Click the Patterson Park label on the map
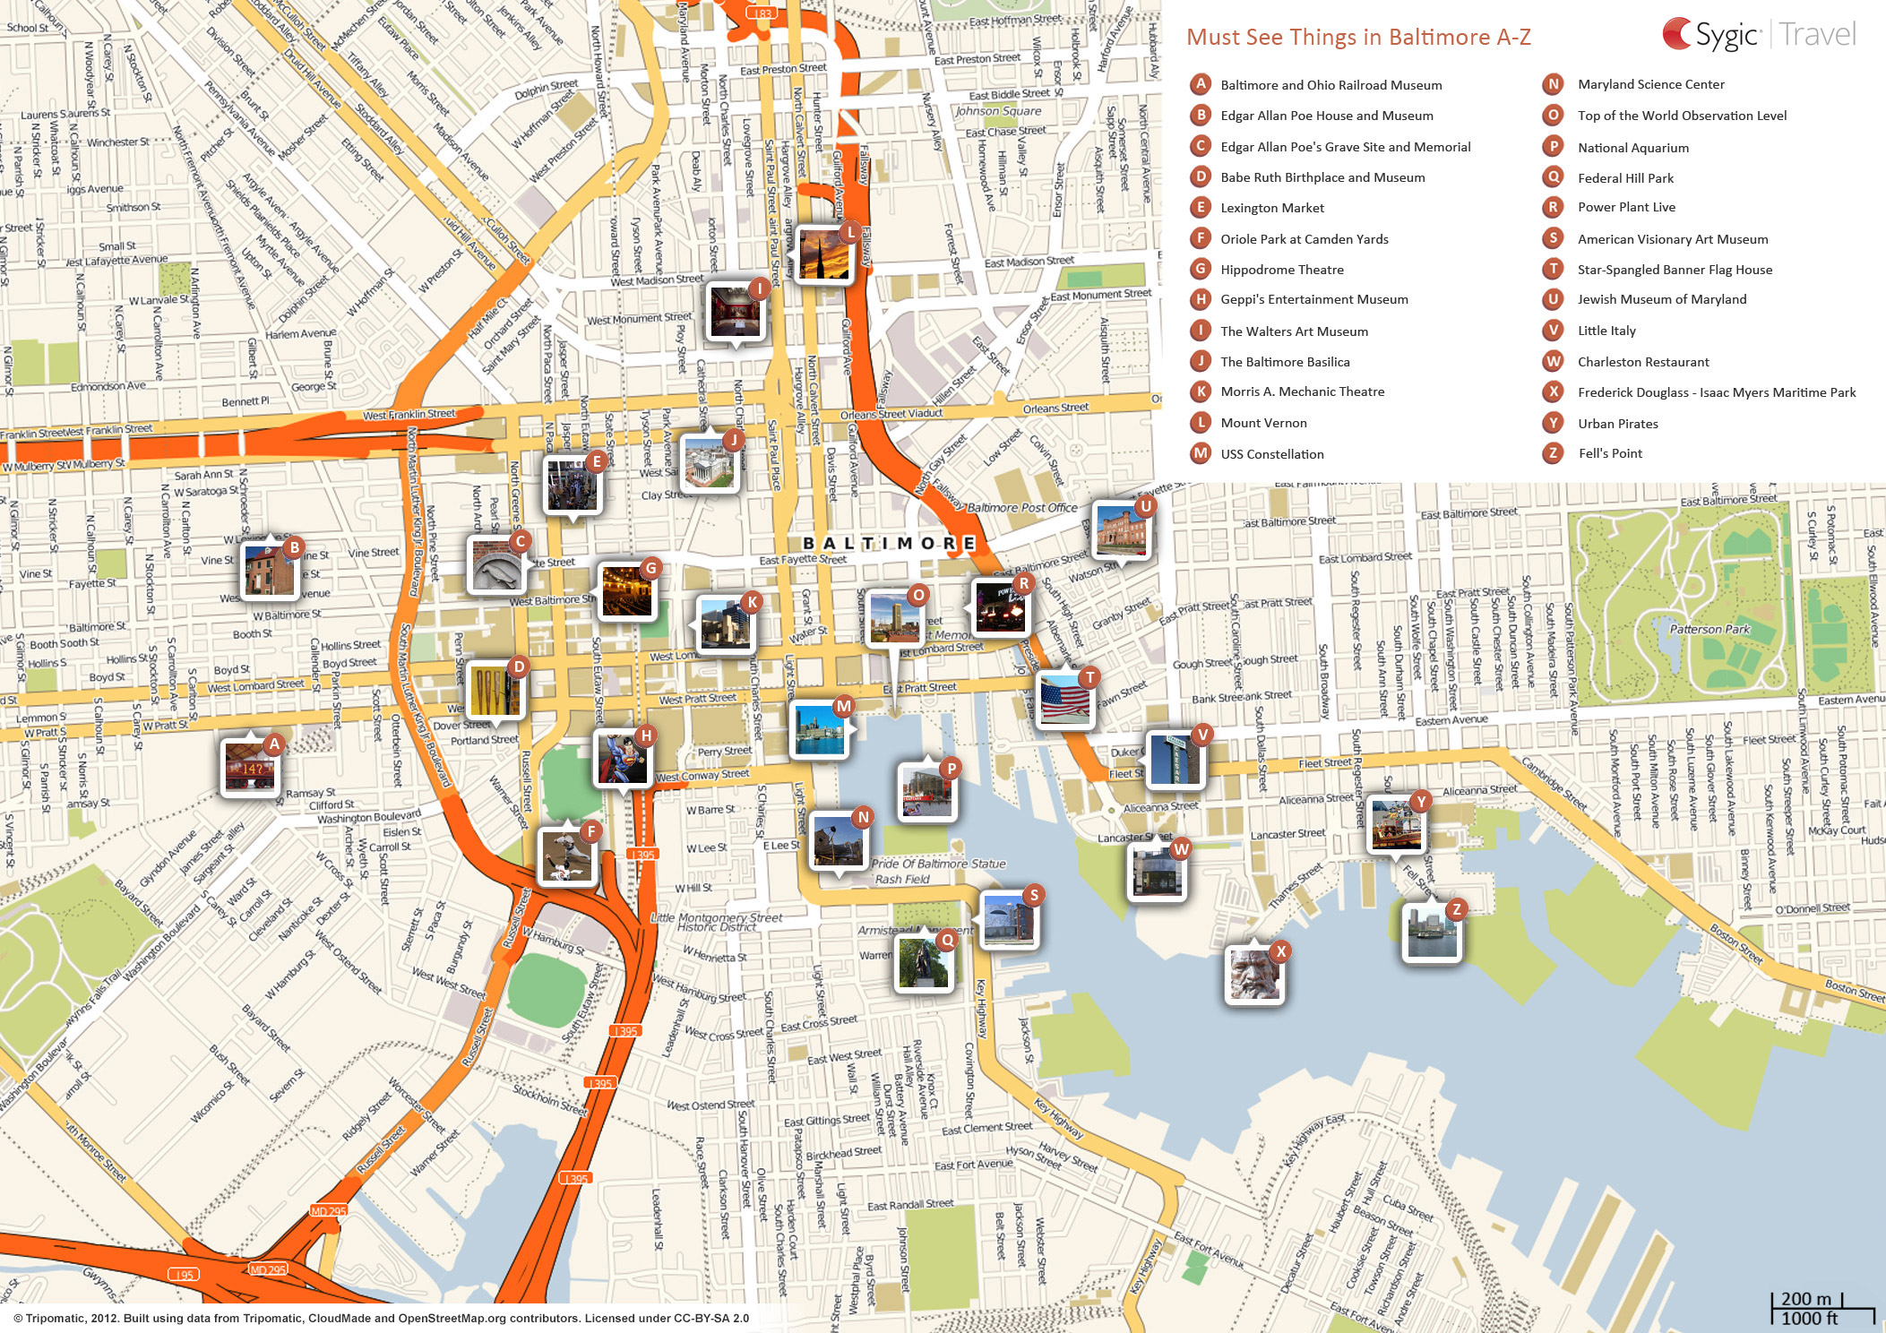[1709, 629]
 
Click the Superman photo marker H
[621, 759]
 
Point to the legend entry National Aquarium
[1632, 148]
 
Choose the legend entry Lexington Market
[1271, 208]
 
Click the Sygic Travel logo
[1758, 35]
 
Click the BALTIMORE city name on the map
[888, 543]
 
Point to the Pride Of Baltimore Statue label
[937, 864]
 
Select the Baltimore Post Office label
[1021, 507]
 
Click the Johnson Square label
[997, 111]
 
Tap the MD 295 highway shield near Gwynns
[268, 1269]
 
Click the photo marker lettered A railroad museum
[250, 767]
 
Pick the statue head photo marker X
[1253, 974]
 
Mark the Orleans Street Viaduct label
[891, 414]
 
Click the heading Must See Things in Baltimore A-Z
[1357, 38]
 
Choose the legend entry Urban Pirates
[1617, 424]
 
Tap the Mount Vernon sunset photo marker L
[822, 255]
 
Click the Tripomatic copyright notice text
[381, 1318]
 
